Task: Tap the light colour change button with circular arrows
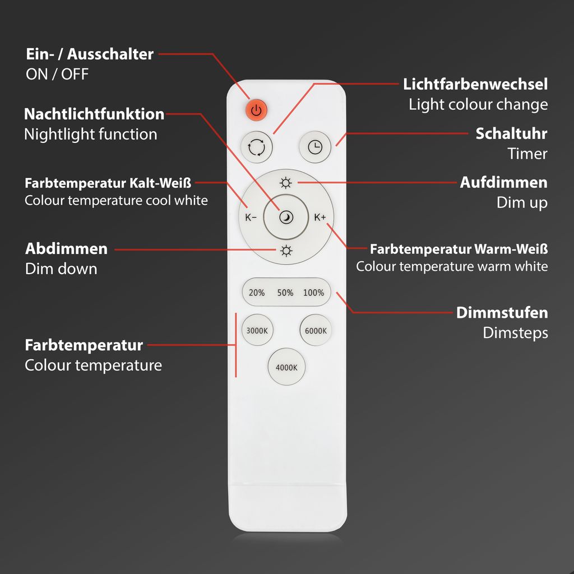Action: (x=257, y=147)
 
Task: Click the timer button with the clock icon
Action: (x=315, y=147)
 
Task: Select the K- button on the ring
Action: (x=251, y=217)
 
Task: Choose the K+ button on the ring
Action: (x=320, y=217)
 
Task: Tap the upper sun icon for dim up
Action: (x=286, y=183)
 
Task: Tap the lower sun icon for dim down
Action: (x=286, y=251)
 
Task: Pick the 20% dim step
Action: (x=257, y=293)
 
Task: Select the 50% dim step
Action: (x=285, y=293)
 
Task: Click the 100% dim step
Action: (x=313, y=293)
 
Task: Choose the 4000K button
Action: (x=286, y=368)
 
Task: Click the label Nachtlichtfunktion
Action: (x=94, y=114)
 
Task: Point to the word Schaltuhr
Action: (x=511, y=134)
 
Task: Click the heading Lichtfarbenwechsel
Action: (x=475, y=85)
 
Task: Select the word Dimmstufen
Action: (x=502, y=312)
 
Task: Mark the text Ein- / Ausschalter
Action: (x=90, y=54)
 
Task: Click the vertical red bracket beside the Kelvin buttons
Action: (x=236, y=345)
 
